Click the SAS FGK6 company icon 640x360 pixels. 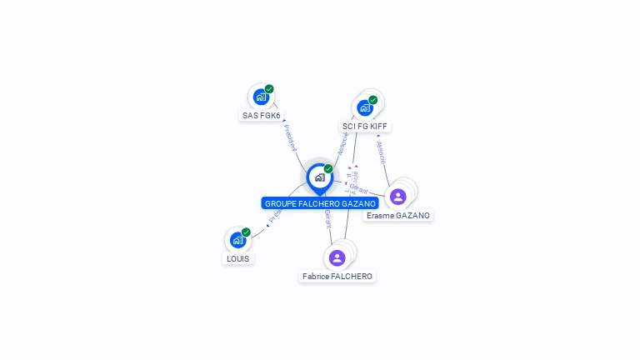(262, 97)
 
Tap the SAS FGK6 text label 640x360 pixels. (262, 116)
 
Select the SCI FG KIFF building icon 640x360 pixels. (365, 107)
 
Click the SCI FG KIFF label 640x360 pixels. (365, 127)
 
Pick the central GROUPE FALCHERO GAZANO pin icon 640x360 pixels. (319, 177)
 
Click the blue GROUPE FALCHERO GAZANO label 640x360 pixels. (320, 203)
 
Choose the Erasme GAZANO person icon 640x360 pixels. (398, 197)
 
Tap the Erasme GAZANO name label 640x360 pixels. (398, 216)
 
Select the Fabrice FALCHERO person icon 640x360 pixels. (337, 257)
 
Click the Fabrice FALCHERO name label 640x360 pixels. (337, 277)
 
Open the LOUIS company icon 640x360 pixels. (237, 240)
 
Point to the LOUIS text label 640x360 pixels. (237, 259)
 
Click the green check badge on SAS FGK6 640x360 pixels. (269, 89)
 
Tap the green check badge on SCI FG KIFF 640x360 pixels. (372, 100)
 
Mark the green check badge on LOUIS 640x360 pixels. (246, 232)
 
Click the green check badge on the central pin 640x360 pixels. (328, 169)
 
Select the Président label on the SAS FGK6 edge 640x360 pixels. (290, 137)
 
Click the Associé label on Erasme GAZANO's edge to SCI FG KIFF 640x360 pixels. (381, 151)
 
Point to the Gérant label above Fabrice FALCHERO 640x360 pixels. (328, 219)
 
